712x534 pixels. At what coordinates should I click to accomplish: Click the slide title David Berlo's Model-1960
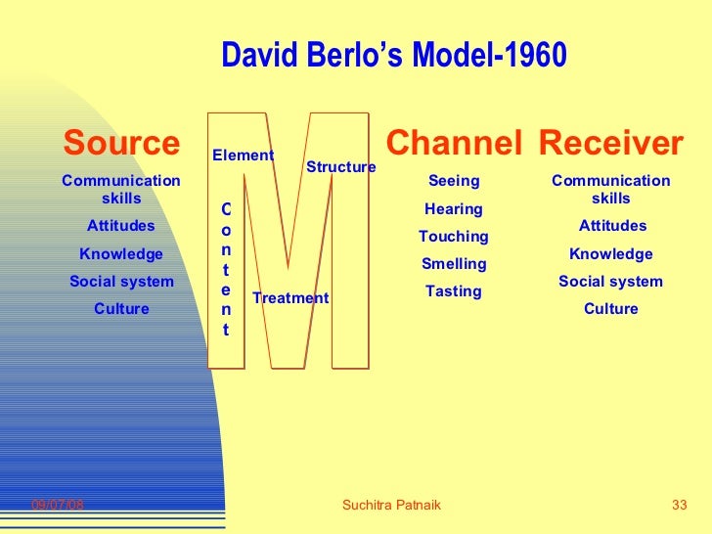393,56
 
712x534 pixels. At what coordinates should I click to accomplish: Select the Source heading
122,144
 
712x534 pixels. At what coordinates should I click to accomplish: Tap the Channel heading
454,144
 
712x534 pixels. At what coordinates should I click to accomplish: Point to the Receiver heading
610,144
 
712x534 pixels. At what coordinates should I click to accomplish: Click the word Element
244,156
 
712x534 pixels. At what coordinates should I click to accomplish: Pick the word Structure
341,167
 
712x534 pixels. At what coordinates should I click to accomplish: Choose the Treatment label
290,298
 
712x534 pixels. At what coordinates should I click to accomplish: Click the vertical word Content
226,269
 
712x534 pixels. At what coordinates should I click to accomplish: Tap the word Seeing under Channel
454,181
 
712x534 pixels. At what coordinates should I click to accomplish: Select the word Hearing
454,209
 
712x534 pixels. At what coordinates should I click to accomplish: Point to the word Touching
454,237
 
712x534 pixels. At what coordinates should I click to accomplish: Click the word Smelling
454,264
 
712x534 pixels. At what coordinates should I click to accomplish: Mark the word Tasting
454,291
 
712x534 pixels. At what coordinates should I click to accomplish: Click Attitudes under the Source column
121,226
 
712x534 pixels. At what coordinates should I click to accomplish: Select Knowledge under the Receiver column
611,254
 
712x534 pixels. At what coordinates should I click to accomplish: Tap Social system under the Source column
121,282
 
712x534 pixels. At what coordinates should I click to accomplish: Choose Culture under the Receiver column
611,309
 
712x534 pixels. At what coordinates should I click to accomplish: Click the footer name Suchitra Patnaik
392,505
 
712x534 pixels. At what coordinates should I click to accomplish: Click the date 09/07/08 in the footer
58,505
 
